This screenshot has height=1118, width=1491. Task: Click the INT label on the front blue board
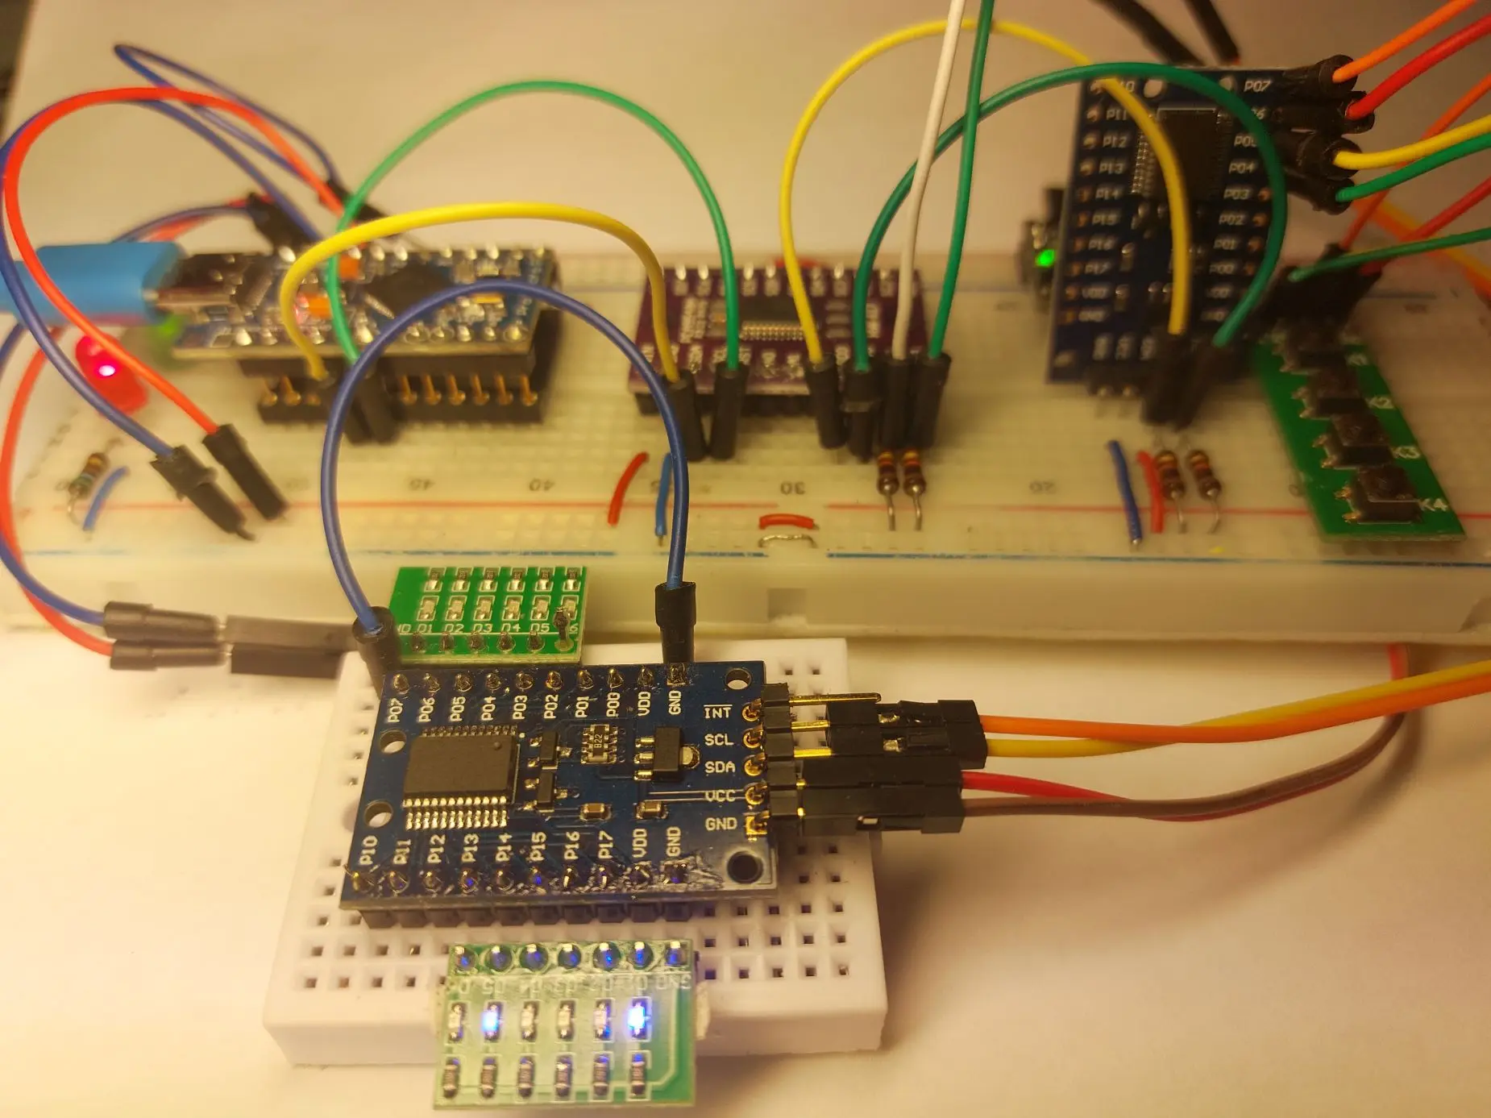716,713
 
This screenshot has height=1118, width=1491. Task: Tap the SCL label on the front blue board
718,740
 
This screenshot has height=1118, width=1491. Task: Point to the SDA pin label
719,767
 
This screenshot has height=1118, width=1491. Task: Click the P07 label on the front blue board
395,710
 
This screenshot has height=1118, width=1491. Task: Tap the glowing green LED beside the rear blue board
1046,259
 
